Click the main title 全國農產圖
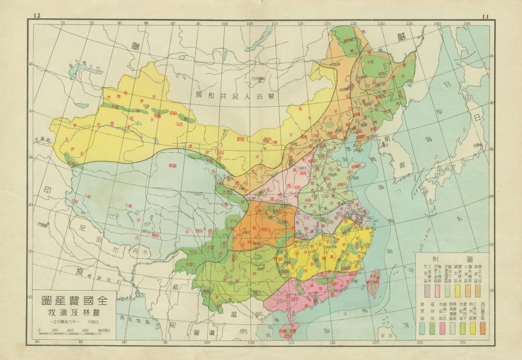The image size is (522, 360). point(71,300)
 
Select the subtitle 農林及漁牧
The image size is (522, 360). point(71,313)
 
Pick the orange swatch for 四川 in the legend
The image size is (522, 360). point(483,328)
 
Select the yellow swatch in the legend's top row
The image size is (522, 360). point(457,291)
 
